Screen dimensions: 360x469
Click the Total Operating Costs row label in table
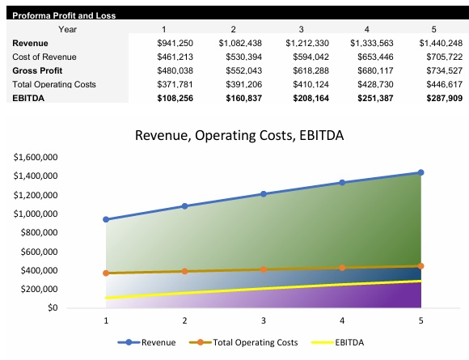pos(52,83)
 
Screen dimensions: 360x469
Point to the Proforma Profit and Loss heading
pos(65,15)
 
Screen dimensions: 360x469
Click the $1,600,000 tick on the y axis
pos(36,157)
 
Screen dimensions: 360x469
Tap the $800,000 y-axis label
pos(38,233)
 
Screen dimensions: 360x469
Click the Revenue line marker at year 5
pos(420,172)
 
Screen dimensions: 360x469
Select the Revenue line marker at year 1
pos(106,219)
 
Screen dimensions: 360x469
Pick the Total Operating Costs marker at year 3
pos(264,269)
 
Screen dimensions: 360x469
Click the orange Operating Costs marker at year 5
pos(420,266)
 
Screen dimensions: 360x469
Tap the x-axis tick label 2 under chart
pos(184,321)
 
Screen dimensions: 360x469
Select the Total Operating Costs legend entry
pos(247,342)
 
